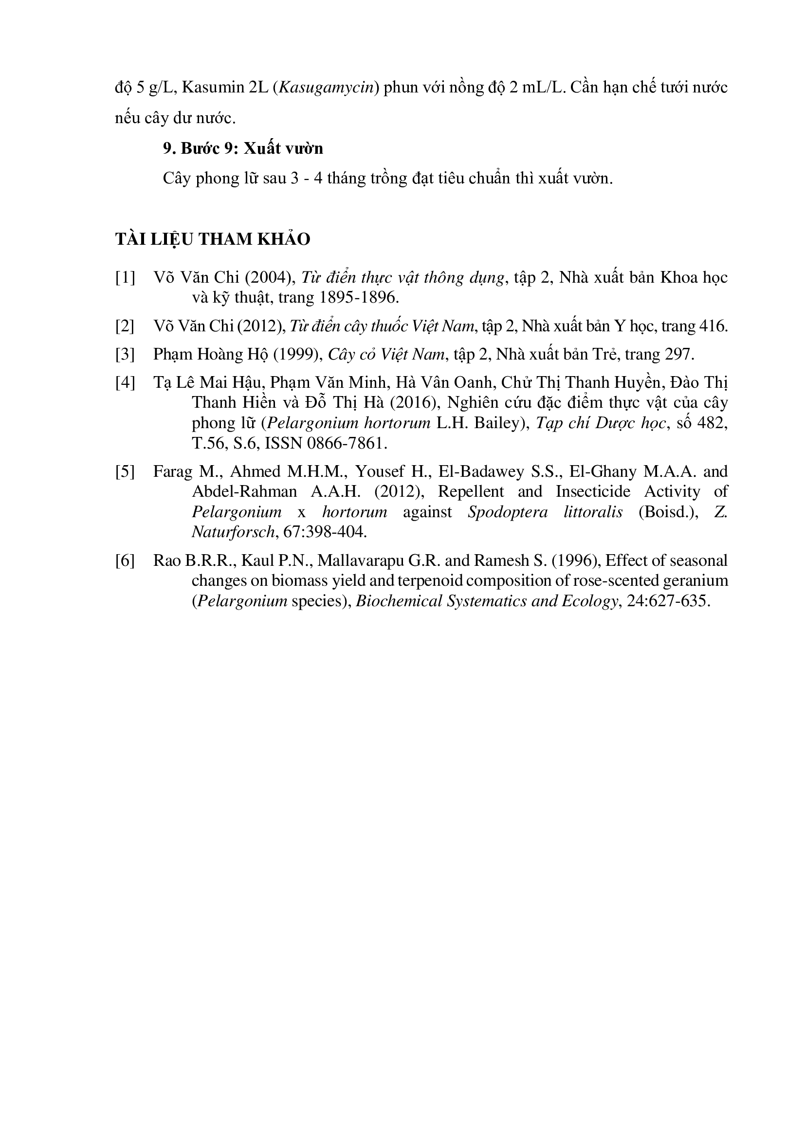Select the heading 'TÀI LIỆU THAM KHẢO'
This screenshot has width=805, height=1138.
213,239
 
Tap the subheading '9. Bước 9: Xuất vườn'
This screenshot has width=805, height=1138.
243,148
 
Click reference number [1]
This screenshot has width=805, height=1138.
125,278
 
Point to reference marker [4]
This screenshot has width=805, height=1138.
125,382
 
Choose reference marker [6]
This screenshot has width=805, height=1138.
125,560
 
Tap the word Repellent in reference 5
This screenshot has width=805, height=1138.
471,492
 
